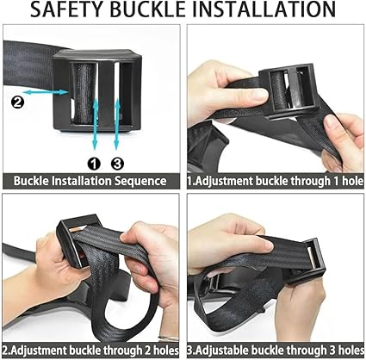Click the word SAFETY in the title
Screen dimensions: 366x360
(x=67, y=9)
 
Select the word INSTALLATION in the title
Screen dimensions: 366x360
(x=264, y=9)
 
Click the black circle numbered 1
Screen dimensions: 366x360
(x=94, y=164)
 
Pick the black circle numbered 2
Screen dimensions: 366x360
(x=17, y=102)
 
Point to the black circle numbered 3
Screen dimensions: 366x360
(x=117, y=164)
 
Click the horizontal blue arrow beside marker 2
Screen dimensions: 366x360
(x=47, y=92)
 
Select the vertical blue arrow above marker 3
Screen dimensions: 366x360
(x=117, y=125)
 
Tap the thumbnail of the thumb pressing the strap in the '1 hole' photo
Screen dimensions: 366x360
(x=259, y=95)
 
